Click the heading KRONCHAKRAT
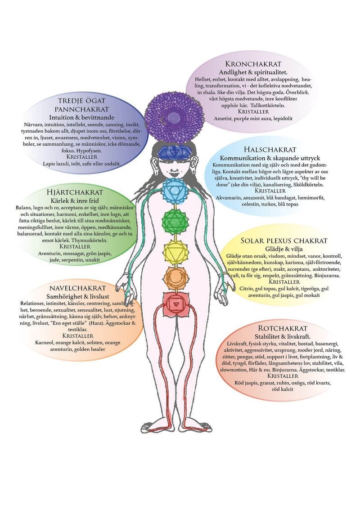pyautogui.click(x=253, y=64)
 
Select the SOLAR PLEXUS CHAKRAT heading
pyautogui.click(x=283, y=241)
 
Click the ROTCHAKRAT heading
pyautogui.click(x=283, y=328)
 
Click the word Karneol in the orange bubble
pyautogui.click(x=45, y=343)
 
